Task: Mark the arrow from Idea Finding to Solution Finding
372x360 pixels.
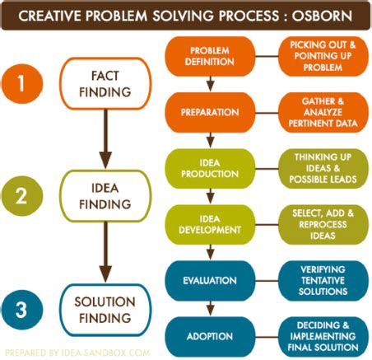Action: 105,251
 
